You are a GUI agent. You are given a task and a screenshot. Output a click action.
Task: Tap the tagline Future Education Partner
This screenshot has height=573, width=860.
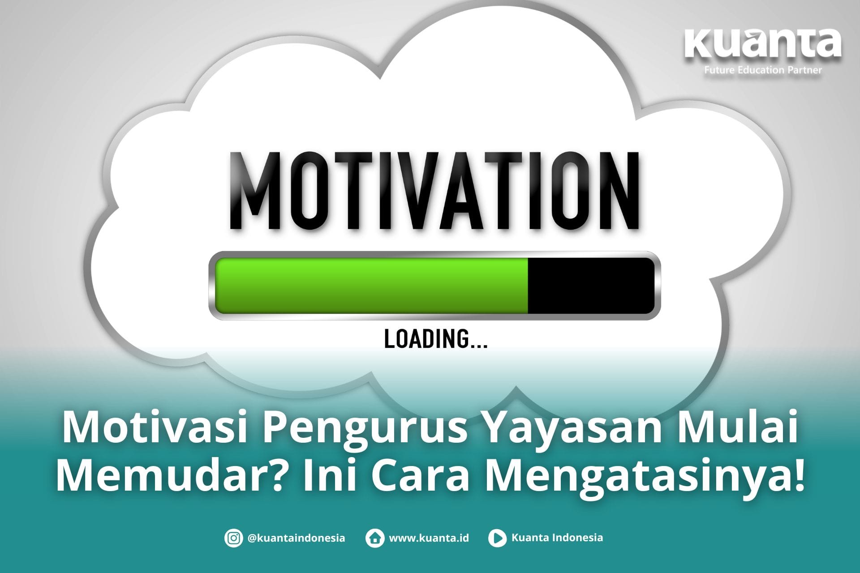(x=763, y=70)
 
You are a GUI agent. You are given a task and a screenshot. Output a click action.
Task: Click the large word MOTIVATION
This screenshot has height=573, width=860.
(x=434, y=191)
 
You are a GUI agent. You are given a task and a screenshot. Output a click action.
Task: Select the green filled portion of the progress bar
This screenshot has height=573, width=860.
(x=372, y=285)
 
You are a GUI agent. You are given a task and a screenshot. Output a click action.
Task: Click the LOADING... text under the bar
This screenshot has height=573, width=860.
(x=436, y=339)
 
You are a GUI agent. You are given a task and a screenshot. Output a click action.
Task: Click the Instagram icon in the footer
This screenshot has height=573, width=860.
(x=233, y=538)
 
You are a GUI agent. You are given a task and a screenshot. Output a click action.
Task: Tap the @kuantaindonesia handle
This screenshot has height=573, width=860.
(x=296, y=538)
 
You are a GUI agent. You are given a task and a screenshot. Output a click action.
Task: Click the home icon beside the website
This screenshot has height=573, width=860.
(x=374, y=538)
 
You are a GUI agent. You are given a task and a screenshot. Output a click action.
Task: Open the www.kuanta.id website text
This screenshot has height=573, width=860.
(x=429, y=538)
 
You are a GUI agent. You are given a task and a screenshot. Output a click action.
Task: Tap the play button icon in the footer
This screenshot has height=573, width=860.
(x=497, y=538)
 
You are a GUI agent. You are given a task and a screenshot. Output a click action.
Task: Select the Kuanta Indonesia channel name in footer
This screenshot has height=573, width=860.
(x=557, y=538)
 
